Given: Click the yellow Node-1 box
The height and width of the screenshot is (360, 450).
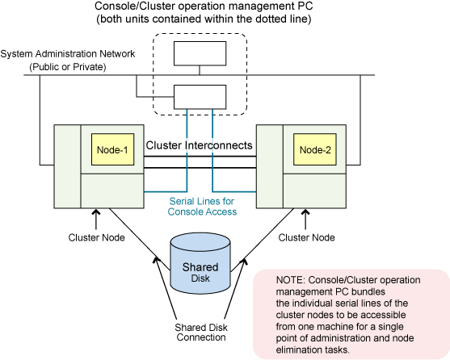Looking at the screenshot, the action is pos(113,149).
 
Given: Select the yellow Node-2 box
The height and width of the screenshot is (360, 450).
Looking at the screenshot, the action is pos(315,149).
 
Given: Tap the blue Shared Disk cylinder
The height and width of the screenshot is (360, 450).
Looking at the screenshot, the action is pos(200,263).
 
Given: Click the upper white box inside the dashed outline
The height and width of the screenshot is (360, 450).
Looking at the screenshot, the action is pos(200,53).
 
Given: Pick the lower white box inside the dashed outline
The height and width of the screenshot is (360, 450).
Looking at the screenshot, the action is pos(200,97).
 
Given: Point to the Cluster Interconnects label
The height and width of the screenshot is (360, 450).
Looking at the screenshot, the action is pos(200,145).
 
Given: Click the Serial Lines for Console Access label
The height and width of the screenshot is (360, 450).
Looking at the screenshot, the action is pos(202,207).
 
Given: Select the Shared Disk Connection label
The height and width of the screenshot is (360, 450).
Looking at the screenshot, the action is pos(201,333).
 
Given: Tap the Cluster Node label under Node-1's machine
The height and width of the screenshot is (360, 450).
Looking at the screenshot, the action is pos(96,237).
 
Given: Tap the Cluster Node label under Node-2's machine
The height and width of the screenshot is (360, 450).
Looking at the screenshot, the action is pos(306,237).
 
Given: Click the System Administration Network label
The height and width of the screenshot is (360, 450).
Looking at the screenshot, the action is pos(68,54).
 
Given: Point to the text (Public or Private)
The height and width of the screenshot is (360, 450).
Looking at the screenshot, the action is pos(68,67).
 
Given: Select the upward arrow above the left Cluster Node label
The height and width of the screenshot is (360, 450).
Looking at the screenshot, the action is pos(96,220).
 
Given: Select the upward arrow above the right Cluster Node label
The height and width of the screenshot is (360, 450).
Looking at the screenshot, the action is pos(305,220).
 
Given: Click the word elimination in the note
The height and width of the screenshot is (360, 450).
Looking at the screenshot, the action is pos(296,350).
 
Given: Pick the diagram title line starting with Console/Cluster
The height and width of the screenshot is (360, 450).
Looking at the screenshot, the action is pos(204,6).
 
